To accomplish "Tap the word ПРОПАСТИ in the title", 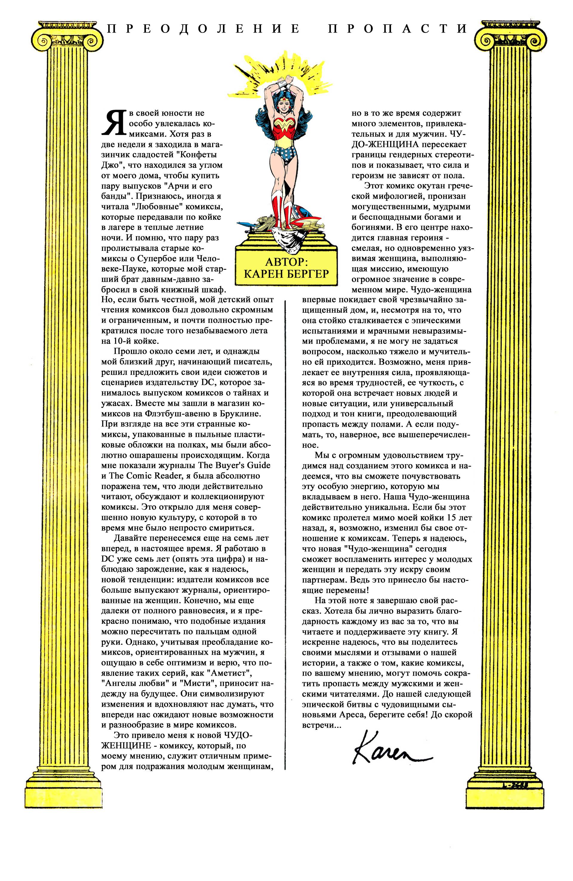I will pos(398,29).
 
